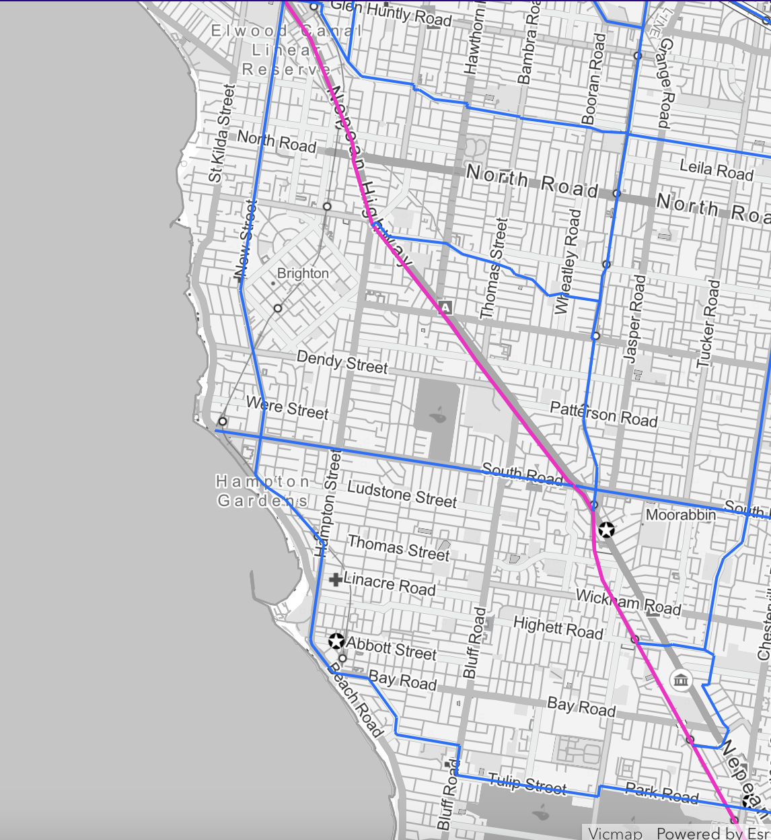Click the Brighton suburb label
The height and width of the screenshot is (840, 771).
pos(303,273)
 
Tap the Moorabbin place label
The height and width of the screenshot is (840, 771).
pos(680,515)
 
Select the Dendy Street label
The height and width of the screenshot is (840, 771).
pos(342,362)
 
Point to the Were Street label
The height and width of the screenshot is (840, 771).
pos(287,407)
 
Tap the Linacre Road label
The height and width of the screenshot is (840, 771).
pos(390,584)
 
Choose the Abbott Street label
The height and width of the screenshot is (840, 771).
pos(392,648)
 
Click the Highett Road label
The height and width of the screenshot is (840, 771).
pos(558,628)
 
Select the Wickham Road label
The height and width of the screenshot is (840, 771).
pos(628,601)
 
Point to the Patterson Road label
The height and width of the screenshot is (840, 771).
pos(603,414)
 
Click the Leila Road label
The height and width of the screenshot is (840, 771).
pos(716,170)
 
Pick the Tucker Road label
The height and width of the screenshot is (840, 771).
pos(708,324)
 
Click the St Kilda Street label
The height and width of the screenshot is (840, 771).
pos(221,133)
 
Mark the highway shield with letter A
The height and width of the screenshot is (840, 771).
pos(445,308)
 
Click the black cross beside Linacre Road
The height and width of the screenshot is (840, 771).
pos(335,579)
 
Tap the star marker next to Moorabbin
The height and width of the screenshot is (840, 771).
pos(606,530)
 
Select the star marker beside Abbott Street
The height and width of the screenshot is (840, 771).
pos(336,641)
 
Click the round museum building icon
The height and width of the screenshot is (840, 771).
pos(682,680)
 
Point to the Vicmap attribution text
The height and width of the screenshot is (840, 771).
pos(615,833)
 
